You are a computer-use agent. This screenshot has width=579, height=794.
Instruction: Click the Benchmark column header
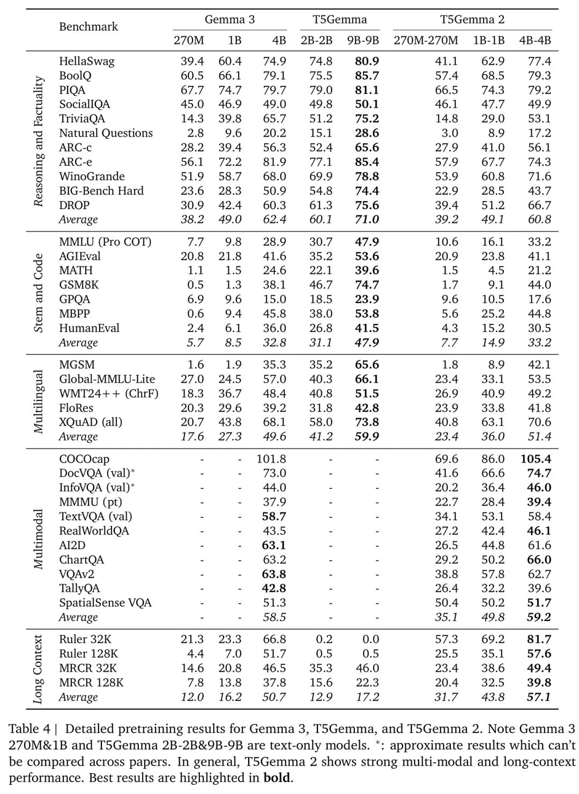click(x=88, y=27)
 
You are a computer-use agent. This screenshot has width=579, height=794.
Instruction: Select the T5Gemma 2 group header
click(x=472, y=20)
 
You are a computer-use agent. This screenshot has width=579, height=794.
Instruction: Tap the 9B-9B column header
click(x=363, y=40)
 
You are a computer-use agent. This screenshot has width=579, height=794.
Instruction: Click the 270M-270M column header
click(x=426, y=40)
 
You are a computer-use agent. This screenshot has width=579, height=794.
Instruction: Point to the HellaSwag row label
click(x=86, y=61)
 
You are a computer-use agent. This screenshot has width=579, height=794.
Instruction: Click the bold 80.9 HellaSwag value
click(x=367, y=61)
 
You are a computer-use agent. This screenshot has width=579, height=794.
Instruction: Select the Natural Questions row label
click(x=106, y=133)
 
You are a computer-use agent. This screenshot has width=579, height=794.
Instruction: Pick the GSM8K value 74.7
click(x=367, y=285)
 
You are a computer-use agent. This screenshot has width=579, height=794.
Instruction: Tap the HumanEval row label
click(x=89, y=328)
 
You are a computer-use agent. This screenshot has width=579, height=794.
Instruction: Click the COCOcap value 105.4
click(x=536, y=459)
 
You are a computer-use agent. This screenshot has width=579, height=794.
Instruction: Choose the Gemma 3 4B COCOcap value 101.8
click(x=271, y=459)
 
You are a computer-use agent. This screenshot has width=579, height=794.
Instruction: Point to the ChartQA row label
click(x=81, y=560)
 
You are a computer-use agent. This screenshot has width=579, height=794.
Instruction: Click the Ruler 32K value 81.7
click(x=539, y=640)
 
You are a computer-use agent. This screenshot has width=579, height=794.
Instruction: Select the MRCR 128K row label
click(x=91, y=682)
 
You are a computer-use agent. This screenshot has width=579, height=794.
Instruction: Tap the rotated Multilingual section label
click(x=39, y=401)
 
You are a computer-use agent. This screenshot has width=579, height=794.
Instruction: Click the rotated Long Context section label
click(x=39, y=669)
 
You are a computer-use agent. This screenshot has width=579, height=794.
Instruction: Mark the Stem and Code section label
click(x=39, y=292)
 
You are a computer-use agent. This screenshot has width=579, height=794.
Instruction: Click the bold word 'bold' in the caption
click(x=277, y=777)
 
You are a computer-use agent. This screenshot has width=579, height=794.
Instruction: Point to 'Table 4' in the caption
click(x=31, y=729)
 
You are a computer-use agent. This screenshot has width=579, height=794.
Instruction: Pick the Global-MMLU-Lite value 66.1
click(x=367, y=379)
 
